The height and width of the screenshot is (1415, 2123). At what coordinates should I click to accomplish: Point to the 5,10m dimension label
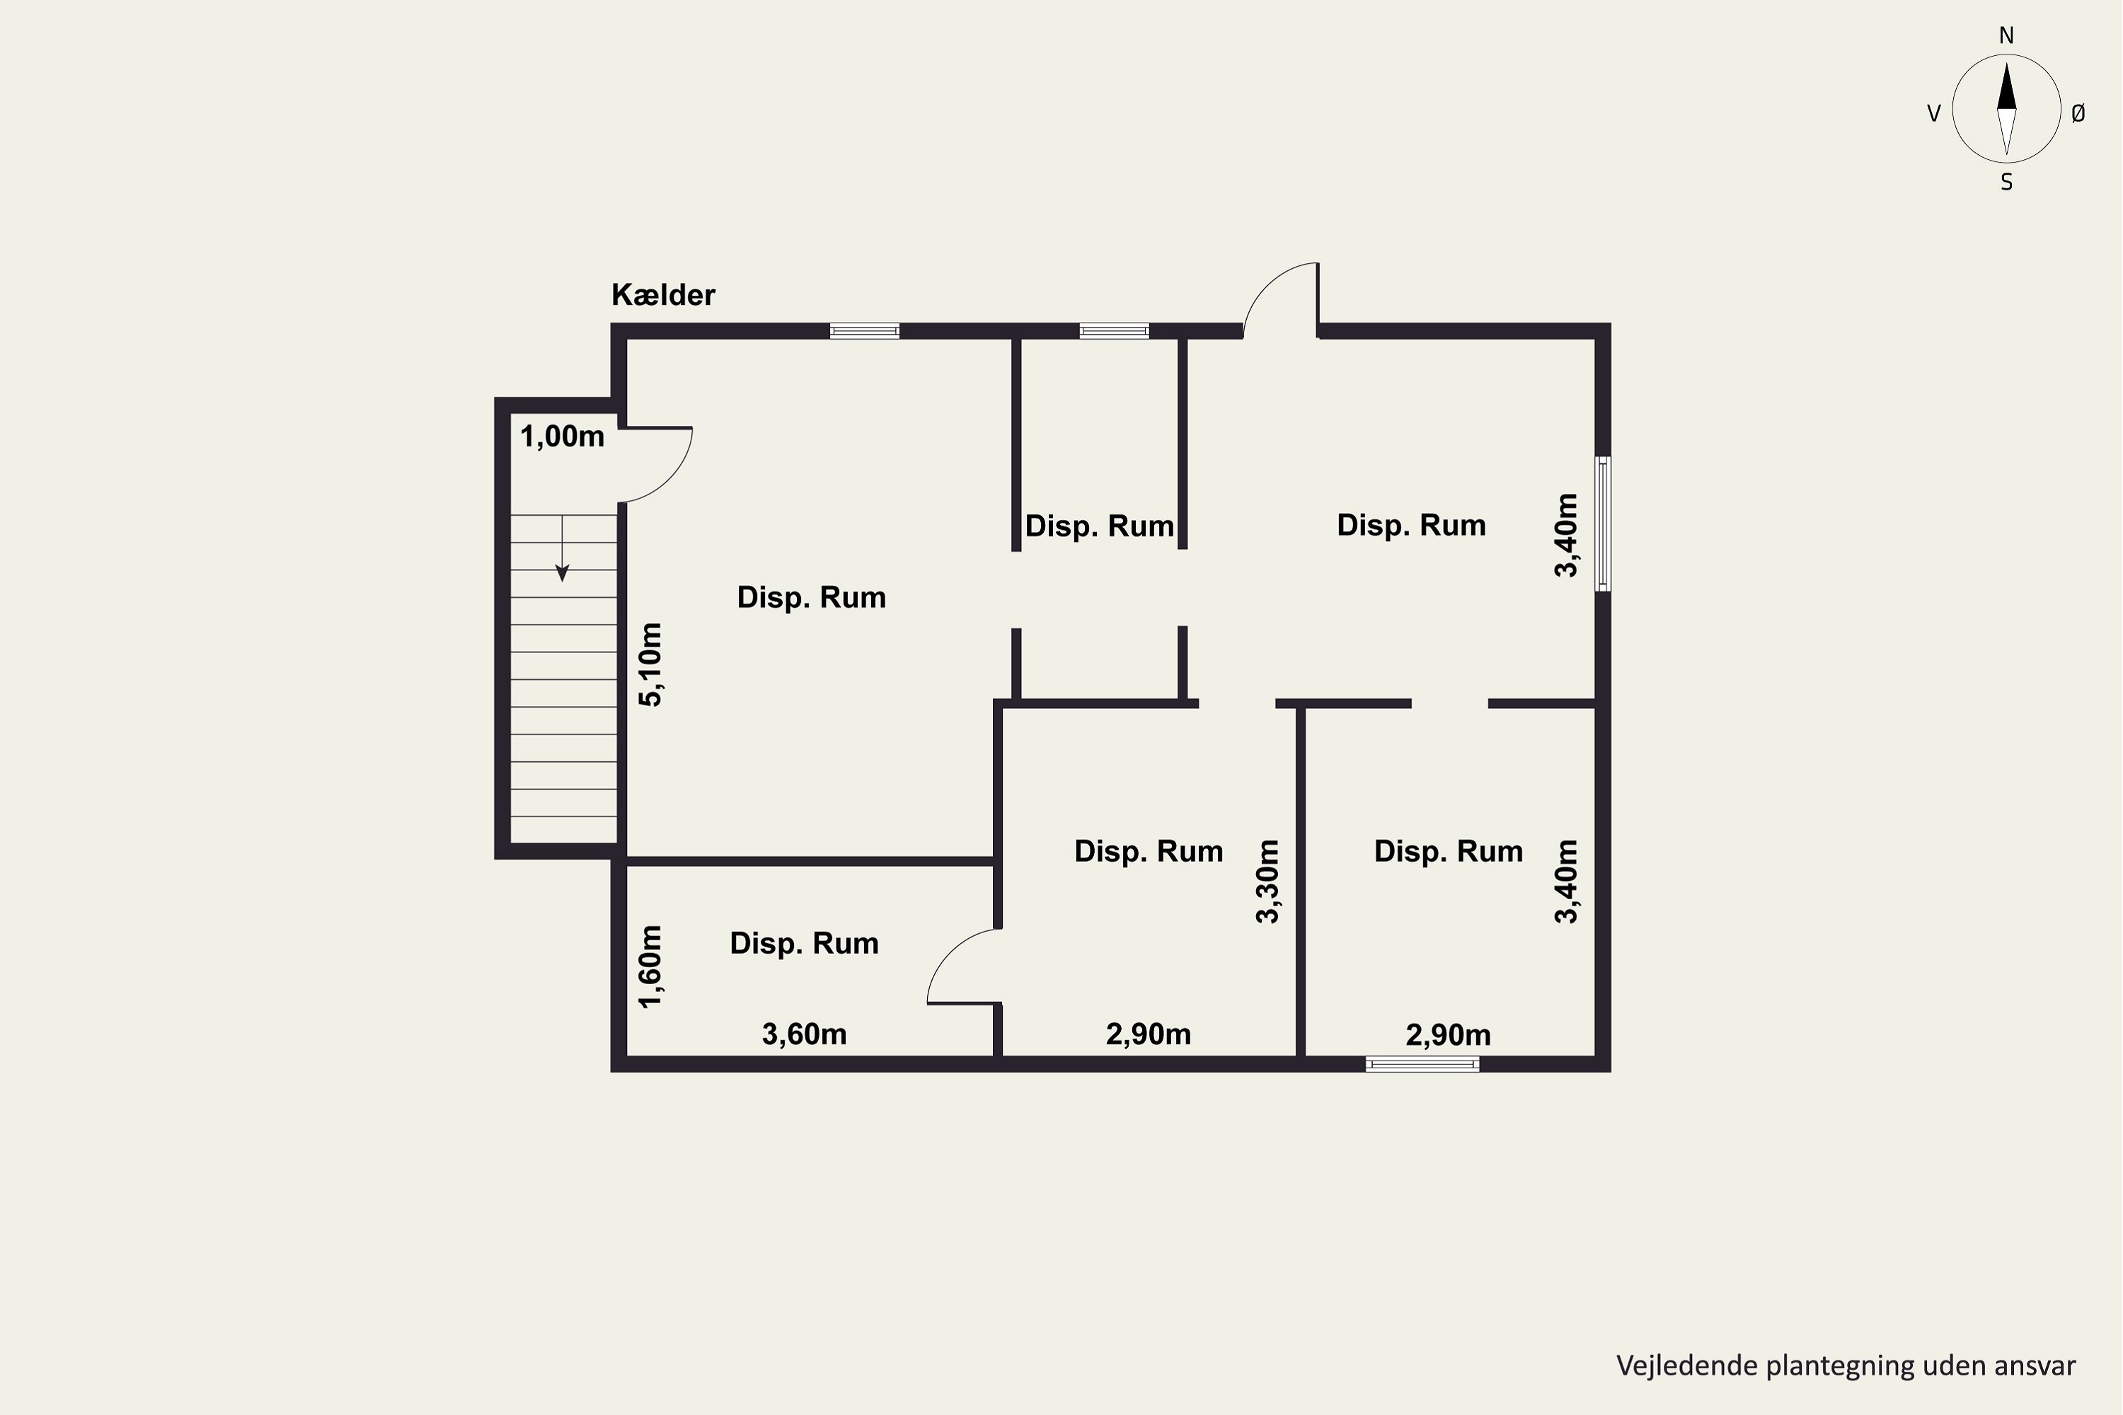point(650,664)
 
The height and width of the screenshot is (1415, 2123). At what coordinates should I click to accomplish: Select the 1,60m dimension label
point(650,966)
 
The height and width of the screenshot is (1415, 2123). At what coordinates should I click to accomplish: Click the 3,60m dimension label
point(804,1034)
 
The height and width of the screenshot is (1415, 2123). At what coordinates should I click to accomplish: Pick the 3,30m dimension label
point(1267,882)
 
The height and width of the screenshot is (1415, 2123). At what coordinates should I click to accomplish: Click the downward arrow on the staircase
point(563,548)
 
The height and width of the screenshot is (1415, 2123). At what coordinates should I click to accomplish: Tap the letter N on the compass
point(2006,36)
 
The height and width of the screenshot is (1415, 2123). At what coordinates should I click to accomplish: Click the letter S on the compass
point(2006,183)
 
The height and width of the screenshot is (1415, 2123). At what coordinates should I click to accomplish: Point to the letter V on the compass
point(1933,114)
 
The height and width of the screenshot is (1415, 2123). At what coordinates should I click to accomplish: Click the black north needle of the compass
point(2006,86)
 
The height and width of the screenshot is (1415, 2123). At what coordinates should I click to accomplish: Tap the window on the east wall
point(1603,524)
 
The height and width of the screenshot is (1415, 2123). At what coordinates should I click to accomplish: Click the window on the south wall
point(1422,1065)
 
